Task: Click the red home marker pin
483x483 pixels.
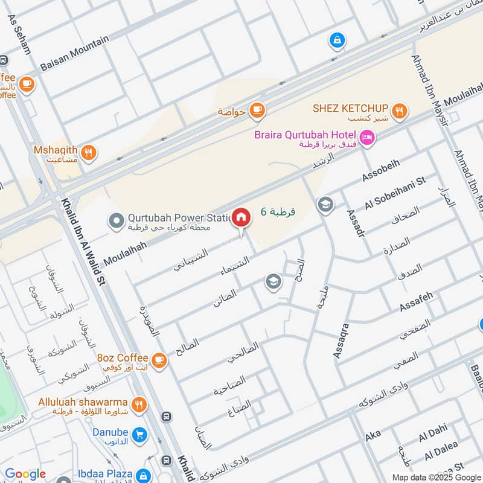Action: tap(241, 218)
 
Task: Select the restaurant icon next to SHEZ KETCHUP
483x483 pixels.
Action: tap(398, 110)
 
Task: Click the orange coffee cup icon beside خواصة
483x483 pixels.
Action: tap(257, 110)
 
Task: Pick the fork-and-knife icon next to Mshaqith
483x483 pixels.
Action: tap(88, 152)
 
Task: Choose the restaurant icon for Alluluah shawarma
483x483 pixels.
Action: tap(138, 405)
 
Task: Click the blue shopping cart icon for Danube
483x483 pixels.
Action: tap(139, 434)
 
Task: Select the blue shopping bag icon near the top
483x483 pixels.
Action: tap(337, 41)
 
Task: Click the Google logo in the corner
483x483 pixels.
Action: tap(25, 474)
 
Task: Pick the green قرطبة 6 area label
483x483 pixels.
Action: tap(278, 212)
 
